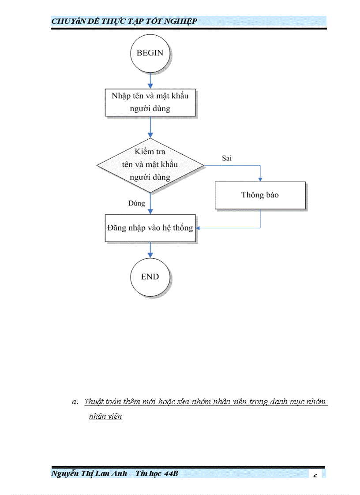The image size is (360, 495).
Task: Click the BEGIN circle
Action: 150,53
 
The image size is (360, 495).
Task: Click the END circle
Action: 150,277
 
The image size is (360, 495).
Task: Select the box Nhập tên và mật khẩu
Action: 150,102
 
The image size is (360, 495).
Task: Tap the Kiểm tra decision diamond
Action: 150,165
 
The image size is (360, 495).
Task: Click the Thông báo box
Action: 260,195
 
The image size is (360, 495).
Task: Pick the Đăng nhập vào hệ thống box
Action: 150,228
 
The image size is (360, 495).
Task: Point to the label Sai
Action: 227,158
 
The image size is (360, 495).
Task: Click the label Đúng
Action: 136,203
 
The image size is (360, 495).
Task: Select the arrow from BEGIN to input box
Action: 150,80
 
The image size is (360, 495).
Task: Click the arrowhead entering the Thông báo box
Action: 260,179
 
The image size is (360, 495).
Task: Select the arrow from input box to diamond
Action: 150,128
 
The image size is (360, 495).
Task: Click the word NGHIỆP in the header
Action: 179,21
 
